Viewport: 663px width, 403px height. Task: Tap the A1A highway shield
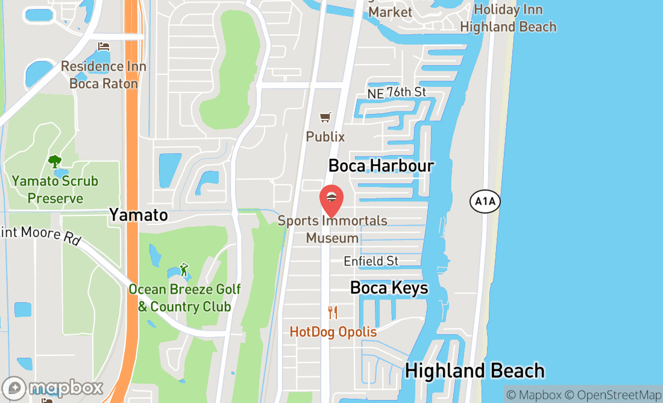coord(485,201)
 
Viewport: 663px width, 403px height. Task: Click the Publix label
coord(325,137)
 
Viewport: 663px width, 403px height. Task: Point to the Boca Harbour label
coord(381,165)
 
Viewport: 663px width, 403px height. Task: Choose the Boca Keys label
coord(389,288)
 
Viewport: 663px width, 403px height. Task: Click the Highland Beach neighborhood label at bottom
coord(474,370)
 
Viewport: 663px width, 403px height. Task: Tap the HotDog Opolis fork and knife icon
coord(333,313)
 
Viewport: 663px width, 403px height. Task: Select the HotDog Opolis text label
coord(333,332)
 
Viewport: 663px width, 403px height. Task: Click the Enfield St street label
coord(371,261)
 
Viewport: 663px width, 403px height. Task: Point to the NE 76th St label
coord(397,92)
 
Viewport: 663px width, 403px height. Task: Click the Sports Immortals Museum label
coord(332,229)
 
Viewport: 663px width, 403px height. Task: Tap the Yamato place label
coord(138,215)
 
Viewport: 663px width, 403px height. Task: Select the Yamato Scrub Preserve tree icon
coord(55,162)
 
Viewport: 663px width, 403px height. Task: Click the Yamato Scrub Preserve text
coord(55,189)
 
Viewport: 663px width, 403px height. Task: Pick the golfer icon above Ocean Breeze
coord(184,270)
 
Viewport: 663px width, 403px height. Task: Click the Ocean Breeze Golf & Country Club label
coord(184,298)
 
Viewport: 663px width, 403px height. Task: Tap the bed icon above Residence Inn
coord(104,47)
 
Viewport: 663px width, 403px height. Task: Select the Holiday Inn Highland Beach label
coord(507,18)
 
